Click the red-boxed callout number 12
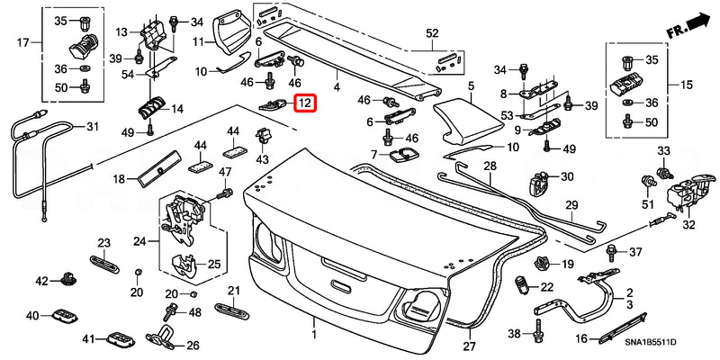pyautogui.click(x=305, y=103)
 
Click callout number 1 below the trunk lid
pyautogui.click(x=314, y=335)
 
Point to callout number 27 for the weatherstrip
pyautogui.click(x=468, y=346)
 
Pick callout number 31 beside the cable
pyautogui.click(x=92, y=126)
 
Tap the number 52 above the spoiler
pyautogui.click(x=432, y=33)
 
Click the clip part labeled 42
pyautogui.click(x=68, y=281)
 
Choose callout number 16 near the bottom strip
pyautogui.click(x=581, y=338)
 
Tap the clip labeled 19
pyautogui.click(x=543, y=264)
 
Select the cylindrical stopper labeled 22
pyautogui.click(x=522, y=287)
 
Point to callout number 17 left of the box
pyautogui.click(x=24, y=41)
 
